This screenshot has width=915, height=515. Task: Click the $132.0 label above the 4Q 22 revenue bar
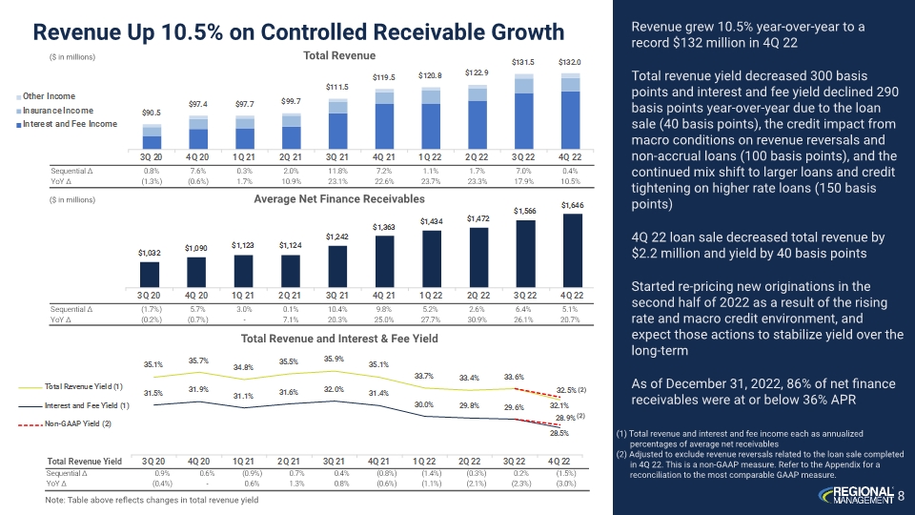569,62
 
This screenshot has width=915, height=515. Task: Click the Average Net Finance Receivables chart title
338,198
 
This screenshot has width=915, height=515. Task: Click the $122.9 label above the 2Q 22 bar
478,72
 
